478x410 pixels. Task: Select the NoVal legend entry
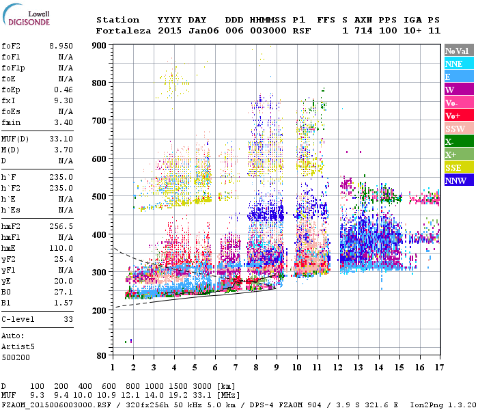coord(456,51)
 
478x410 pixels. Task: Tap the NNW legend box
coord(456,180)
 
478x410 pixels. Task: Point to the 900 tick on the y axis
coord(100,45)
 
